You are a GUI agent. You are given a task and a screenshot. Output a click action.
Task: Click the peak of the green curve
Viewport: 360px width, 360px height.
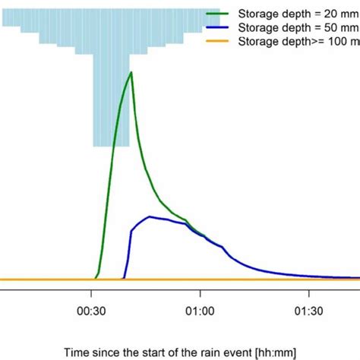pos(131,73)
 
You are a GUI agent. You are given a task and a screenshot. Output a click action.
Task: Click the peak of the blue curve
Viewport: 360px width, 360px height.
pos(150,216)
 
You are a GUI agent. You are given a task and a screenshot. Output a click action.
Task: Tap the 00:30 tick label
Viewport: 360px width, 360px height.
pos(92,311)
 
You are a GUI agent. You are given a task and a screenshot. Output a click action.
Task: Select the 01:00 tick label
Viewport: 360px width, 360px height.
pos(200,311)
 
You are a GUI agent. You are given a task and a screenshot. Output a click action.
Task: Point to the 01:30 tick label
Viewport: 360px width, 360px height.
pos(308,311)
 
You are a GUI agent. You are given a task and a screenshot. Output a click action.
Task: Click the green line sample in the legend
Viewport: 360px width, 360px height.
pos(223,14)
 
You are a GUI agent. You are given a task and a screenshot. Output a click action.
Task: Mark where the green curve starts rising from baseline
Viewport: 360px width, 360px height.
pos(95,278)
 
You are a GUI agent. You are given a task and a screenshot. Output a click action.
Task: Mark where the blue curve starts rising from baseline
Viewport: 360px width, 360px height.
pos(123,278)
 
